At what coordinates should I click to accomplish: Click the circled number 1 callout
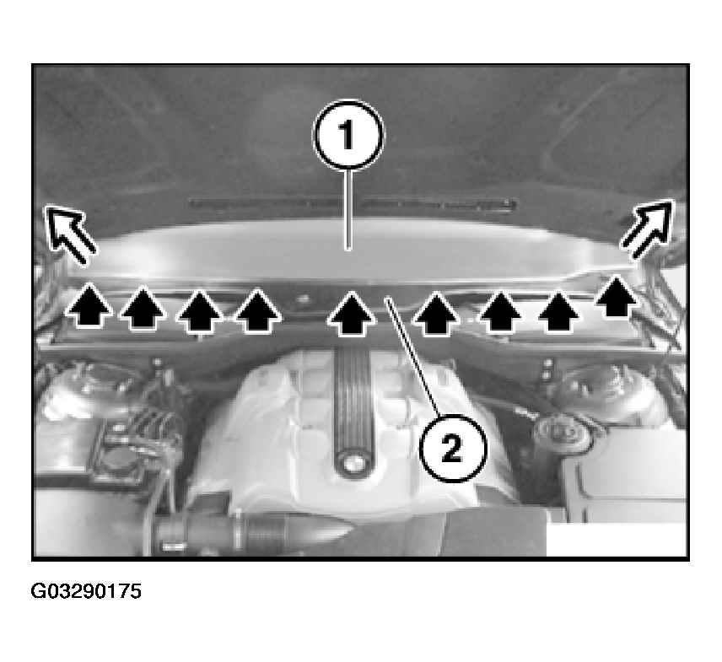[x=348, y=135]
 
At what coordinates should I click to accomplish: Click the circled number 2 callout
[x=453, y=448]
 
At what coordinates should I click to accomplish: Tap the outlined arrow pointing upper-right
[x=648, y=229]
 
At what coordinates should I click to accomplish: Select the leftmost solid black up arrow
[x=89, y=305]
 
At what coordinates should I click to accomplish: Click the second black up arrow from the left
[x=143, y=308]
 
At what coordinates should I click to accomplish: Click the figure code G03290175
[x=86, y=591]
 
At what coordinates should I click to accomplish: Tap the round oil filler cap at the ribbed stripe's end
[x=353, y=464]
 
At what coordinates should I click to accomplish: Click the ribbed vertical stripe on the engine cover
[x=353, y=401]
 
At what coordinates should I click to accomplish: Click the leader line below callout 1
[x=348, y=210]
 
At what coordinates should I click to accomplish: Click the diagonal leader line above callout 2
[x=412, y=355]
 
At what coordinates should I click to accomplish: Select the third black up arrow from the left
[x=199, y=310]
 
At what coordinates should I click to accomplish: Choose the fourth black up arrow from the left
[x=258, y=309]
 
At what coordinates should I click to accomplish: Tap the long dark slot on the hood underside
[x=353, y=204]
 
